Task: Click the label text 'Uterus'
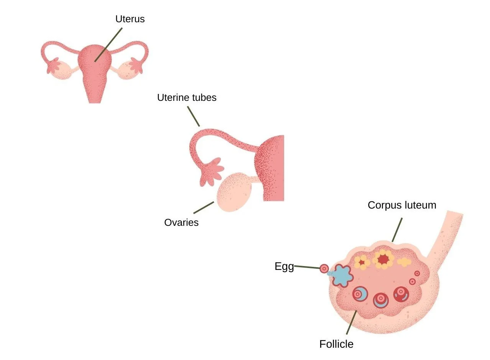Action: pyautogui.click(x=130, y=19)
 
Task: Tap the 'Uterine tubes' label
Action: pyautogui.click(x=187, y=98)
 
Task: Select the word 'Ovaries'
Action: pyautogui.click(x=181, y=222)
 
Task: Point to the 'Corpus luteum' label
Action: pyautogui.click(x=402, y=205)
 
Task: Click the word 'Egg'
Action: pyautogui.click(x=284, y=266)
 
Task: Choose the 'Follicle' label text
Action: pyautogui.click(x=336, y=344)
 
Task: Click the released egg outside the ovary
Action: pyautogui.click(x=324, y=268)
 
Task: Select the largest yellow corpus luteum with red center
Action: pyautogui.click(x=383, y=259)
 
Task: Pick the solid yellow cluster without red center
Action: pyautogui.click(x=404, y=262)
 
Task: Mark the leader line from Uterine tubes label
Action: pyautogui.click(x=193, y=116)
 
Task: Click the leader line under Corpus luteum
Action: pyautogui.click(x=397, y=230)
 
